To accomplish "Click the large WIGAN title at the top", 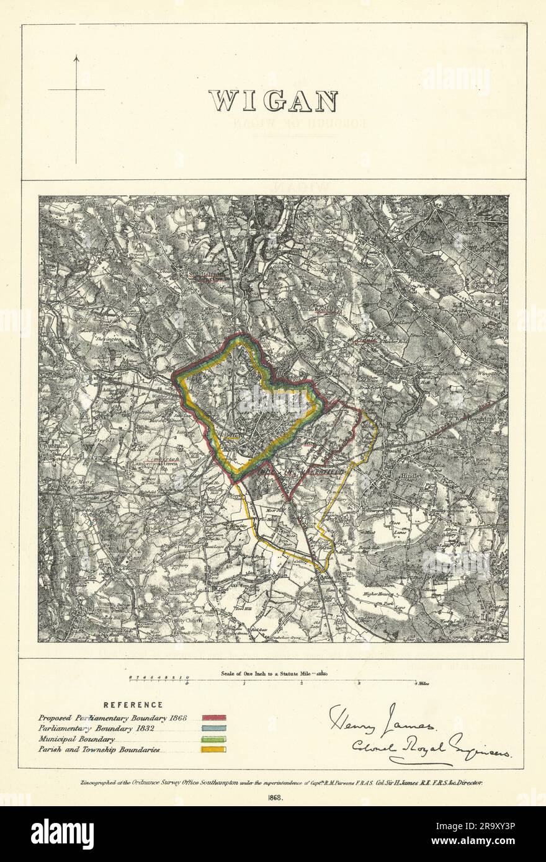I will [x=272, y=99].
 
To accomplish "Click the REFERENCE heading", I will [x=133, y=705].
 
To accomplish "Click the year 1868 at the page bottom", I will [x=273, y=798].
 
